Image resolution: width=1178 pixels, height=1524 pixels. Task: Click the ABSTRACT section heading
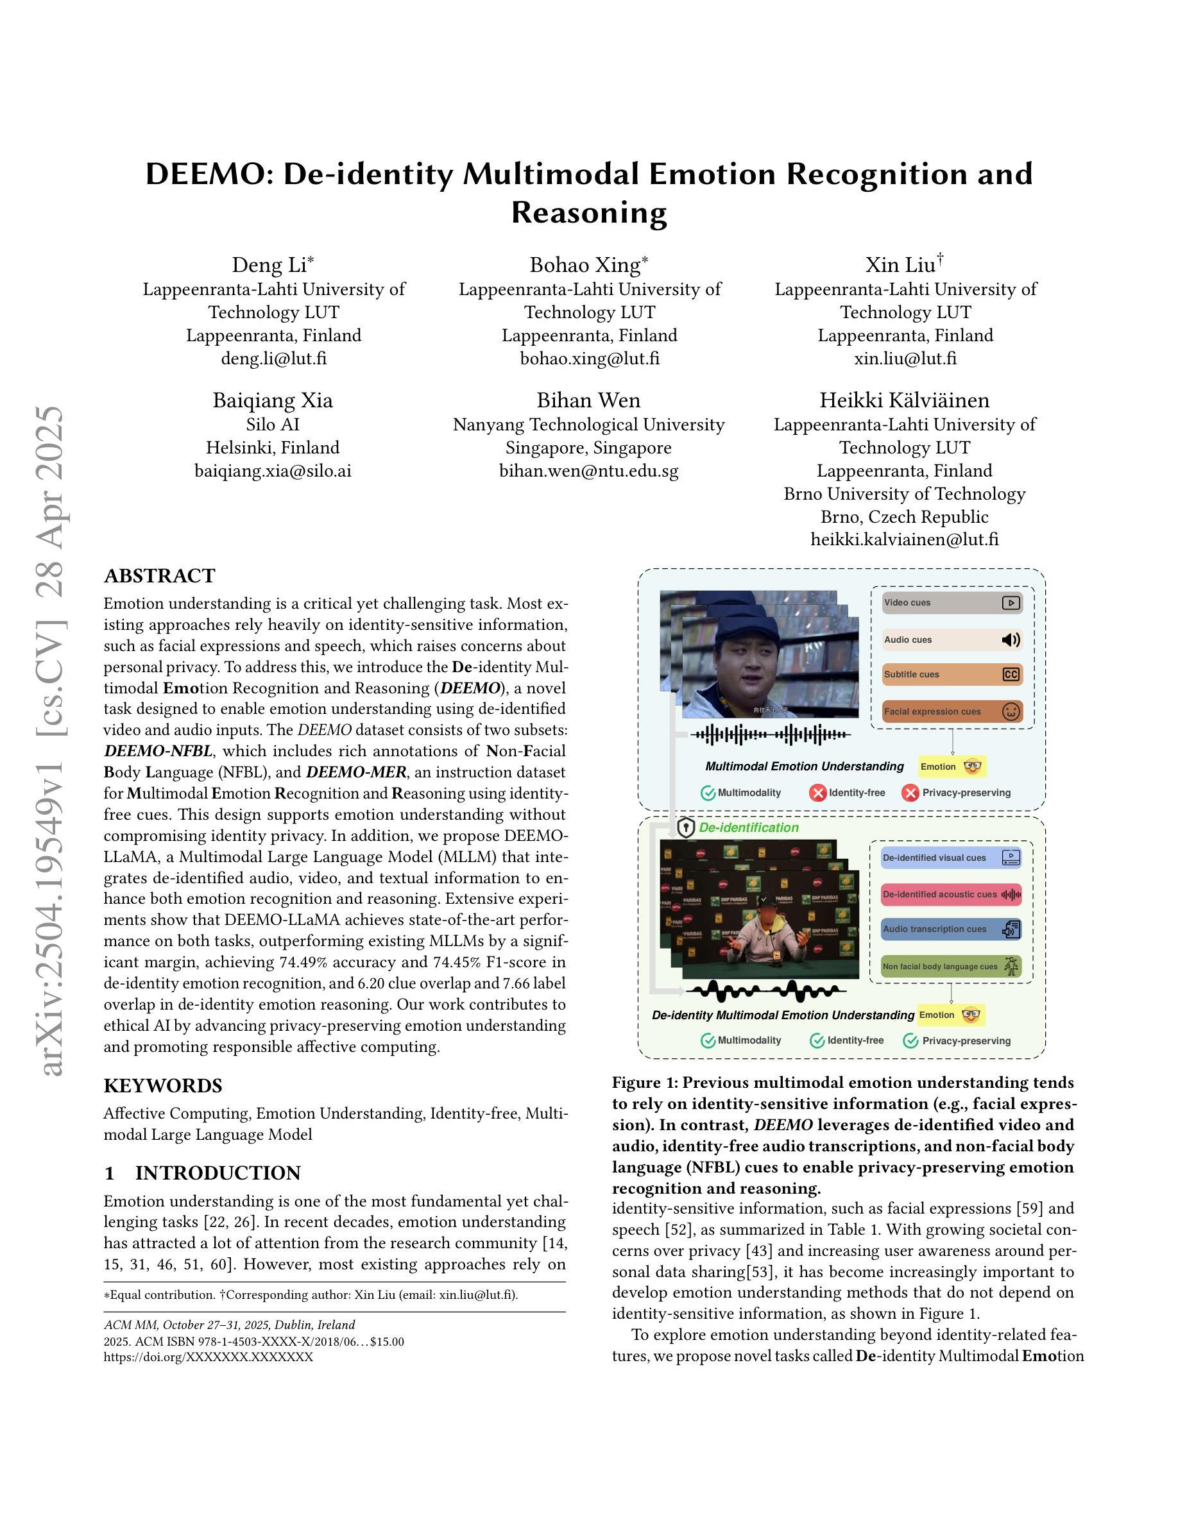159,576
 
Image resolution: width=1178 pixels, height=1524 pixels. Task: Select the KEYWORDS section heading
162,1086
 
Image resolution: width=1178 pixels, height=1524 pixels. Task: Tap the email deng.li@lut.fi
273,359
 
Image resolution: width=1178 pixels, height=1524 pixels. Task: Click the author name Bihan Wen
588,400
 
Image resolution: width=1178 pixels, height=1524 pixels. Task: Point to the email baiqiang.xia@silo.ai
273,471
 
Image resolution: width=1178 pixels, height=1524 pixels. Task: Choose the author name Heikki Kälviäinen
905,400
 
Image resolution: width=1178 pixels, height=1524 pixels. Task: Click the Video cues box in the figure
952,603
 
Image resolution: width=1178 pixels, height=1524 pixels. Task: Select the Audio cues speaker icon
1011,640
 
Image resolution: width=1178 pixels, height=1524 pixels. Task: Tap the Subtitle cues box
952,675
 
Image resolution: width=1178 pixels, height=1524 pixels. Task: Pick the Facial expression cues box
952,712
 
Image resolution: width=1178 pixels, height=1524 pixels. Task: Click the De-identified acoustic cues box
950,895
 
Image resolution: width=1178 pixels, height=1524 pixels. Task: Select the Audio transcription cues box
950,929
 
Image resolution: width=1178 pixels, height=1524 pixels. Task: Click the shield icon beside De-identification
686,828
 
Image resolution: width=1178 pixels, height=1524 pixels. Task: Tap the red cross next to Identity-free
818,793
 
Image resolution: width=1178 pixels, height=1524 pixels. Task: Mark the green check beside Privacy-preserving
910,1041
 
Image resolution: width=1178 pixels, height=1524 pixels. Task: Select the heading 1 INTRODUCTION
202,1173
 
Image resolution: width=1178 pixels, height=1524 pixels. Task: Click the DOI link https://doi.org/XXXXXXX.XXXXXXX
208,1357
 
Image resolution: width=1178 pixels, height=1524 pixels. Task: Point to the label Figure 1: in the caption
644,1083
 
